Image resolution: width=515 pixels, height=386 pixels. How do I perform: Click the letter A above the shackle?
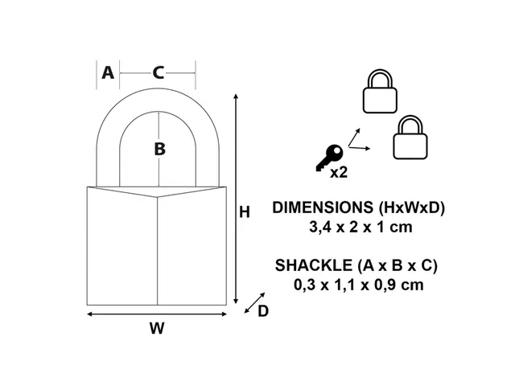(107, 73)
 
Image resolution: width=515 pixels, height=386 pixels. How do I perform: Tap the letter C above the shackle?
(159, 73)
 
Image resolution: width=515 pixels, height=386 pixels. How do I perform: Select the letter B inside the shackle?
(159, 148)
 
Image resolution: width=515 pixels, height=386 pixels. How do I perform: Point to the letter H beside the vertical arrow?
(245, 212)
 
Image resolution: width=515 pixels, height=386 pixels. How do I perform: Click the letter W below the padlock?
(157, 328)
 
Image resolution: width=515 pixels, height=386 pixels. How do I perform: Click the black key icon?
(329, 158)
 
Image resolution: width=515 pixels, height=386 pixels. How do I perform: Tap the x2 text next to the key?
(339, 171)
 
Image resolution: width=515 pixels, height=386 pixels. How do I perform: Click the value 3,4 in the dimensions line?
(319, 227)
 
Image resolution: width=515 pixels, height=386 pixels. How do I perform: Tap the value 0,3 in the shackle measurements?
(308, 284)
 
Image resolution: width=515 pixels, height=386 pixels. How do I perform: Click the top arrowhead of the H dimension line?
(235, 97)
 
